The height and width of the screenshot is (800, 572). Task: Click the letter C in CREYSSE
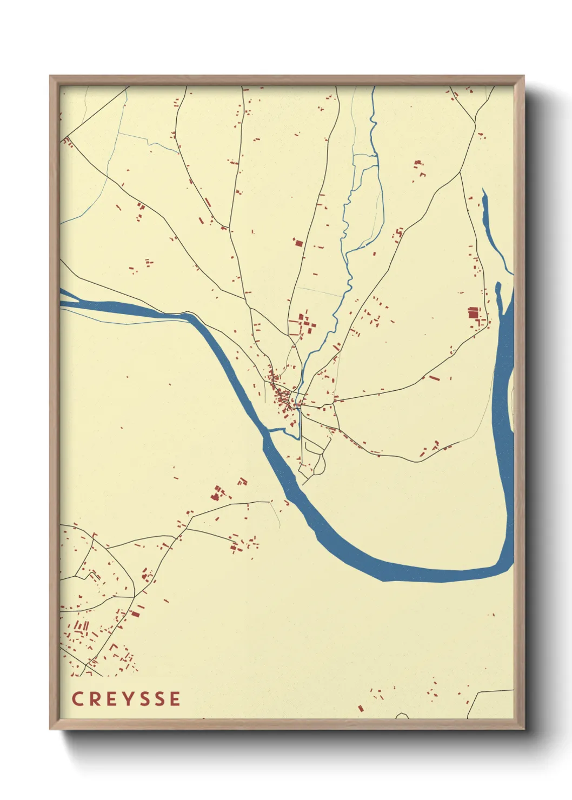pyautogui.click(x=77, y=699)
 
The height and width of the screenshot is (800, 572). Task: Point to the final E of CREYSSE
pyautogui.click(x=175, y=699)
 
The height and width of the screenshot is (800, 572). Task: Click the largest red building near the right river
pyautogui.click(x=474, y=313)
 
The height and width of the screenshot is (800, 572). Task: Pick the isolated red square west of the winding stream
pyautogui.click(x=298, y=243)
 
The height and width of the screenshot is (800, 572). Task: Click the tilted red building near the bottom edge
pyautogui.click(x=361, y=708)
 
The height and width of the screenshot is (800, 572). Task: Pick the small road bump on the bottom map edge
pyautogui.click(x=402, y=716)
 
